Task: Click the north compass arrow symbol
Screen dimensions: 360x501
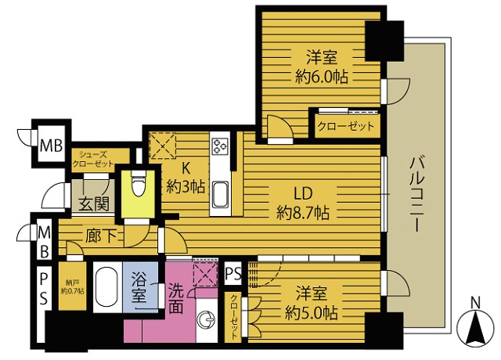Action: tap(474, 328)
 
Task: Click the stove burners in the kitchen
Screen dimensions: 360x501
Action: tap(219, 146)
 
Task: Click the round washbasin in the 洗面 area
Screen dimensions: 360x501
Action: tap(207, 320)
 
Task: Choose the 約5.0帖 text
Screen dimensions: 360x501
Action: tap(312, 312)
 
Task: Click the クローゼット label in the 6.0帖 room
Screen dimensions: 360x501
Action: tap(344, 126)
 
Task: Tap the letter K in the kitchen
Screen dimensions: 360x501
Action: tap(187, 169)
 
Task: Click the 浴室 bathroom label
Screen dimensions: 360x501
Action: tap(140, 287)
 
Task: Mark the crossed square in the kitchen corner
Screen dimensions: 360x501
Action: tap(165, 146)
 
